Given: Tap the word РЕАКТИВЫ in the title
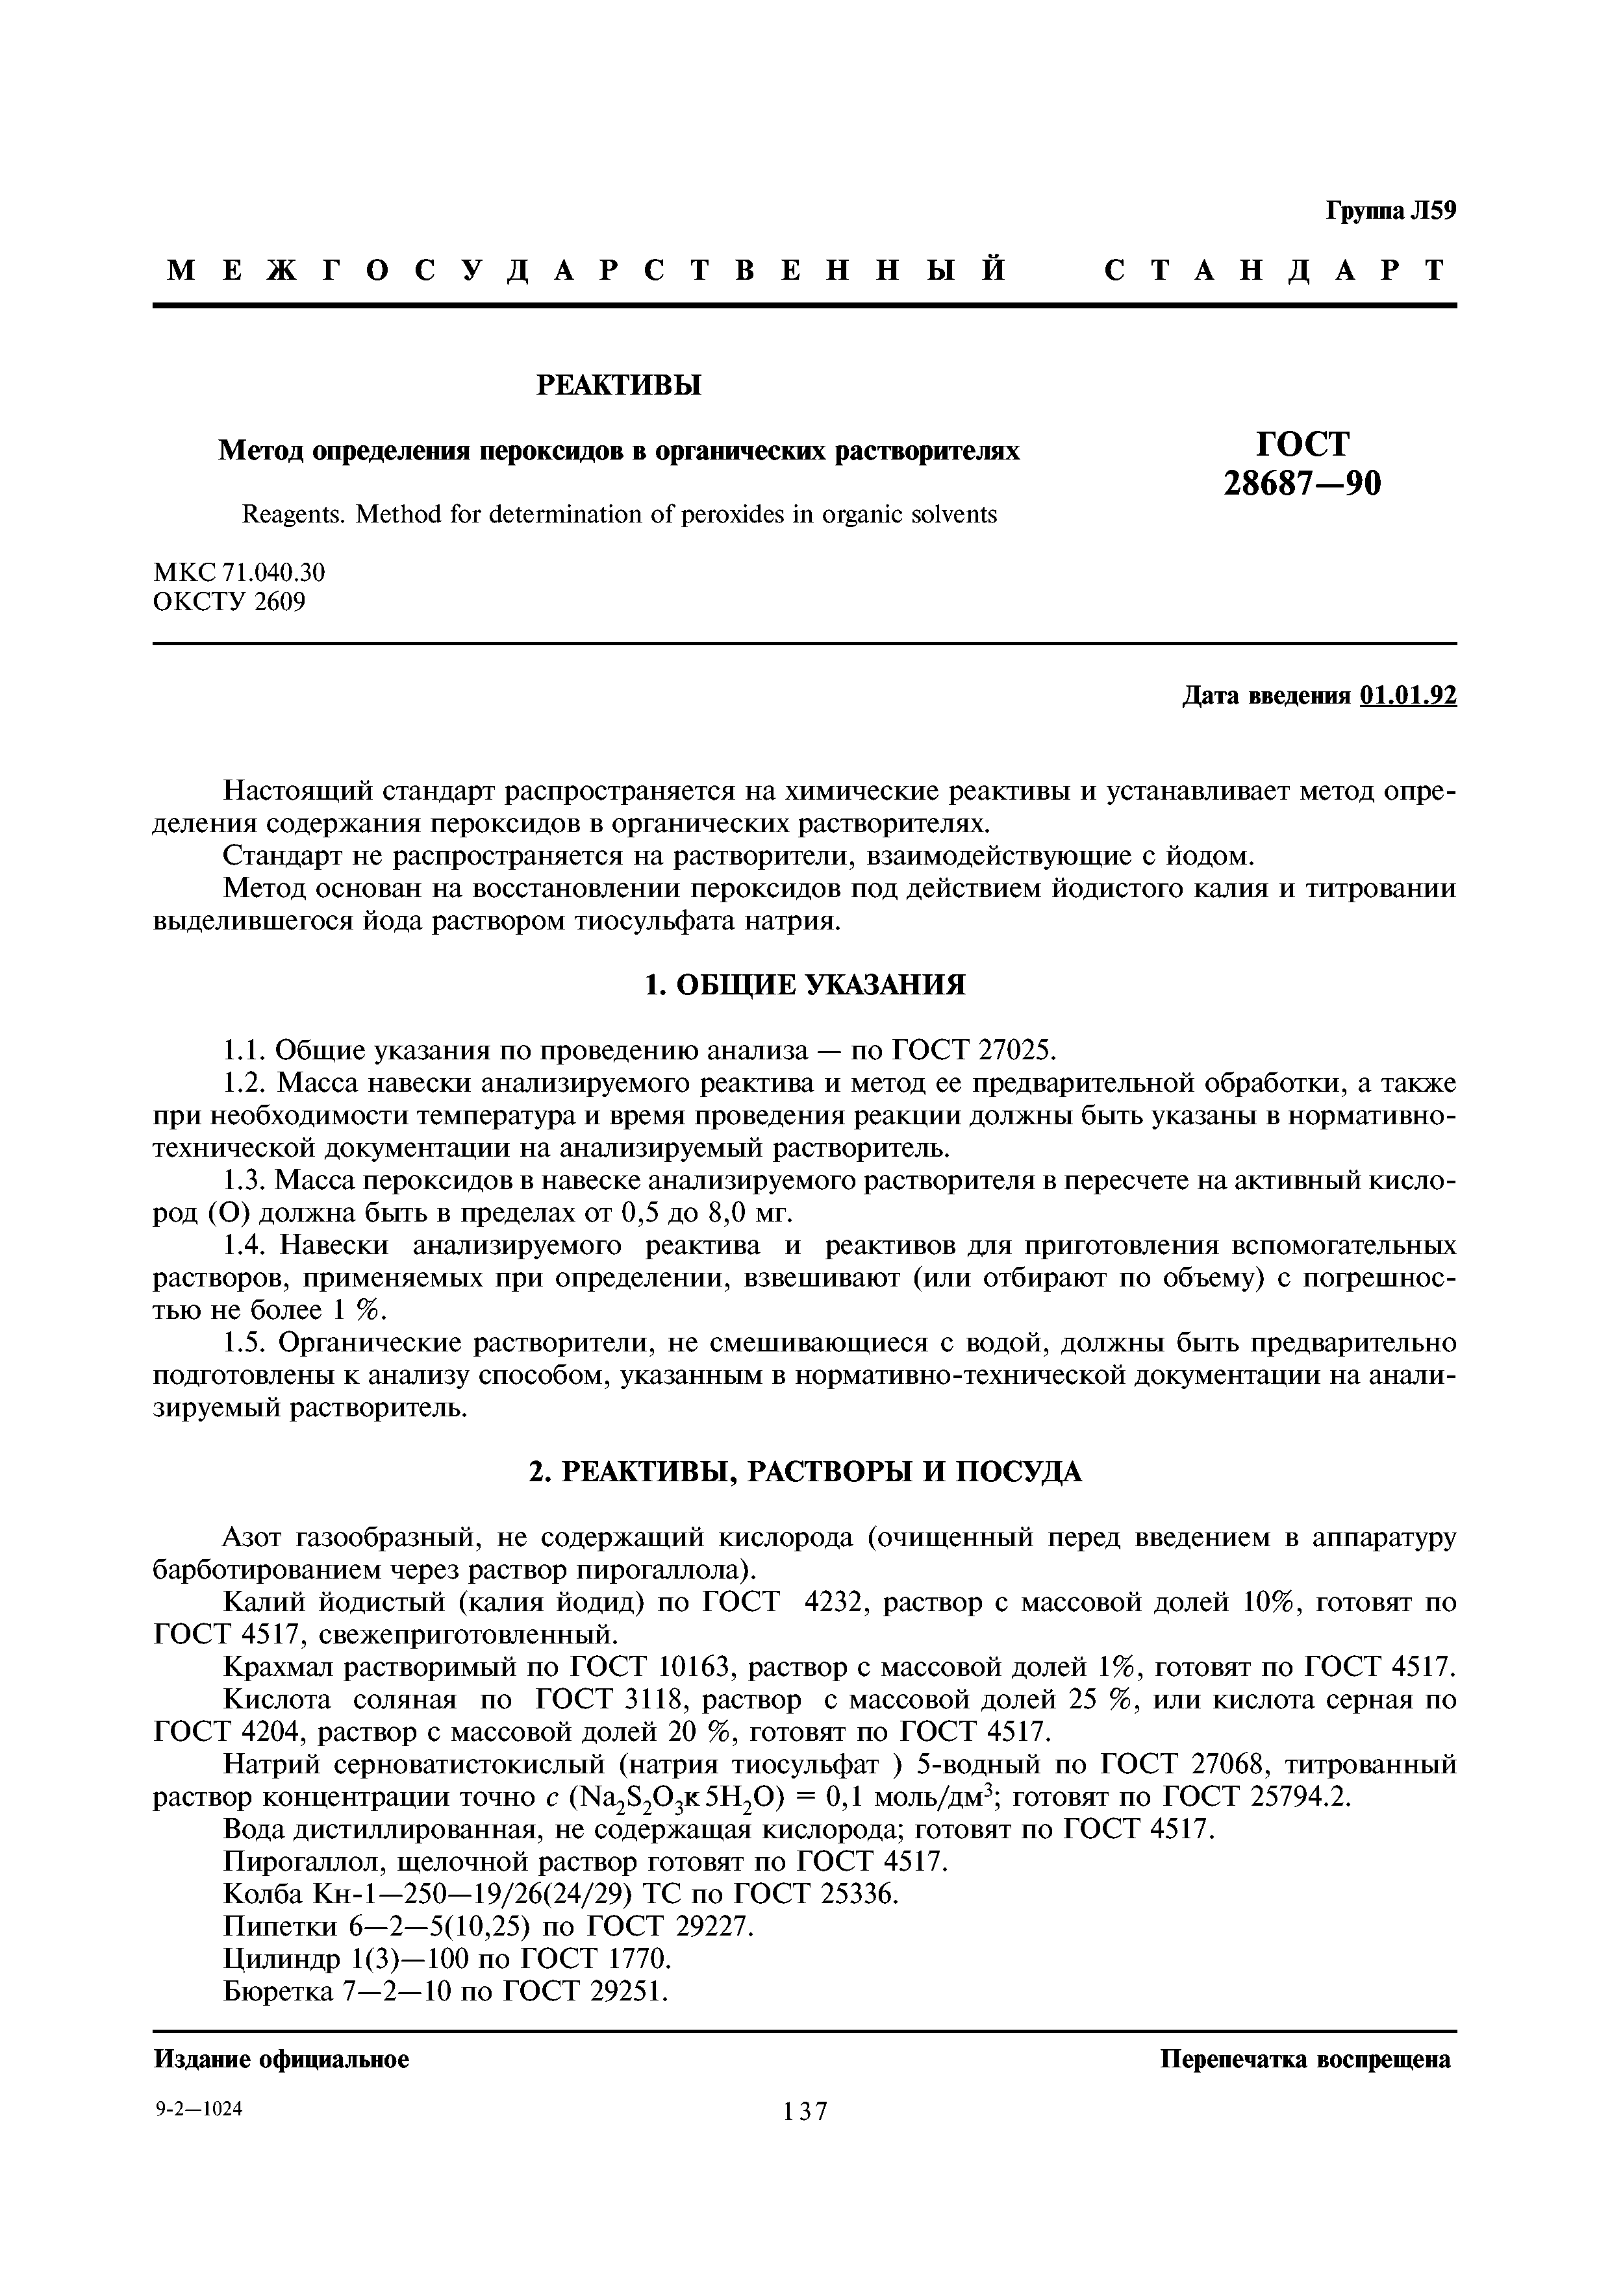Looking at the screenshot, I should (x=618, y=385).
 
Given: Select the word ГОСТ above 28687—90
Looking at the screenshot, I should (x=1303, y=442).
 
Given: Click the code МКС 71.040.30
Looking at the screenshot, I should (x=239, y=572).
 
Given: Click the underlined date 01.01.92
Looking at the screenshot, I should (x=1409, y=696).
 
